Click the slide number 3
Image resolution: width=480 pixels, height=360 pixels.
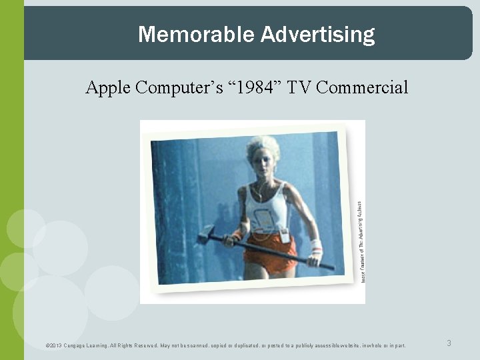click(449, 343)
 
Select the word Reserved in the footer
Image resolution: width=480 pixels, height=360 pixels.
click(145, 345)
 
